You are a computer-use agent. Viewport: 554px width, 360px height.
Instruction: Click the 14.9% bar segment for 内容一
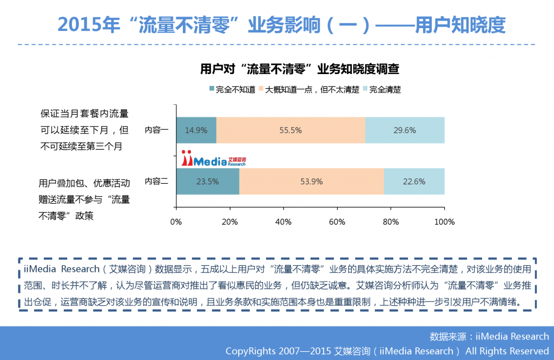click(196, 130)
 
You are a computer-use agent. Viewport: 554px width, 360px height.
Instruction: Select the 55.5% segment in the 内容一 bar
click(291, 130)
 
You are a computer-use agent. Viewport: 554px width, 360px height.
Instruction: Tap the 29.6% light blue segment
click(405, 130)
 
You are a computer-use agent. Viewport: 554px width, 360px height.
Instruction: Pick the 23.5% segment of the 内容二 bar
click(208, 182)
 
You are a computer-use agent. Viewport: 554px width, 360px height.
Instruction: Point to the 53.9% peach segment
click(311, 182)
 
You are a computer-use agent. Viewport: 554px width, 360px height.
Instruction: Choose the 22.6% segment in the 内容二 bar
click(414, 182)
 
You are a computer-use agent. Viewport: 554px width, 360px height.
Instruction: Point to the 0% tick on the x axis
click(176, 222)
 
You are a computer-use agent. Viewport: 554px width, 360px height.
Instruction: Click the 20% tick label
click(229, 222)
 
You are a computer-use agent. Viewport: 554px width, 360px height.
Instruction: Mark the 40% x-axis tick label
click(283, 222)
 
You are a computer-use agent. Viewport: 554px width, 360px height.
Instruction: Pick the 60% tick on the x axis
click(337, 222)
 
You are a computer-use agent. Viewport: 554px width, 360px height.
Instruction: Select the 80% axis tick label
click(391, 222)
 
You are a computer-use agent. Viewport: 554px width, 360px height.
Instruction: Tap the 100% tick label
click(444, 222)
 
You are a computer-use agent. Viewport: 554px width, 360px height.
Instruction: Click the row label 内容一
click(156, 130)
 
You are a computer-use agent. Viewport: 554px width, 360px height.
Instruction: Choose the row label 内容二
click(156, 182)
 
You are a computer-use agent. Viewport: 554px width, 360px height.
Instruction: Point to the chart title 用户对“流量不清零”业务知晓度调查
click(300, 69)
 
